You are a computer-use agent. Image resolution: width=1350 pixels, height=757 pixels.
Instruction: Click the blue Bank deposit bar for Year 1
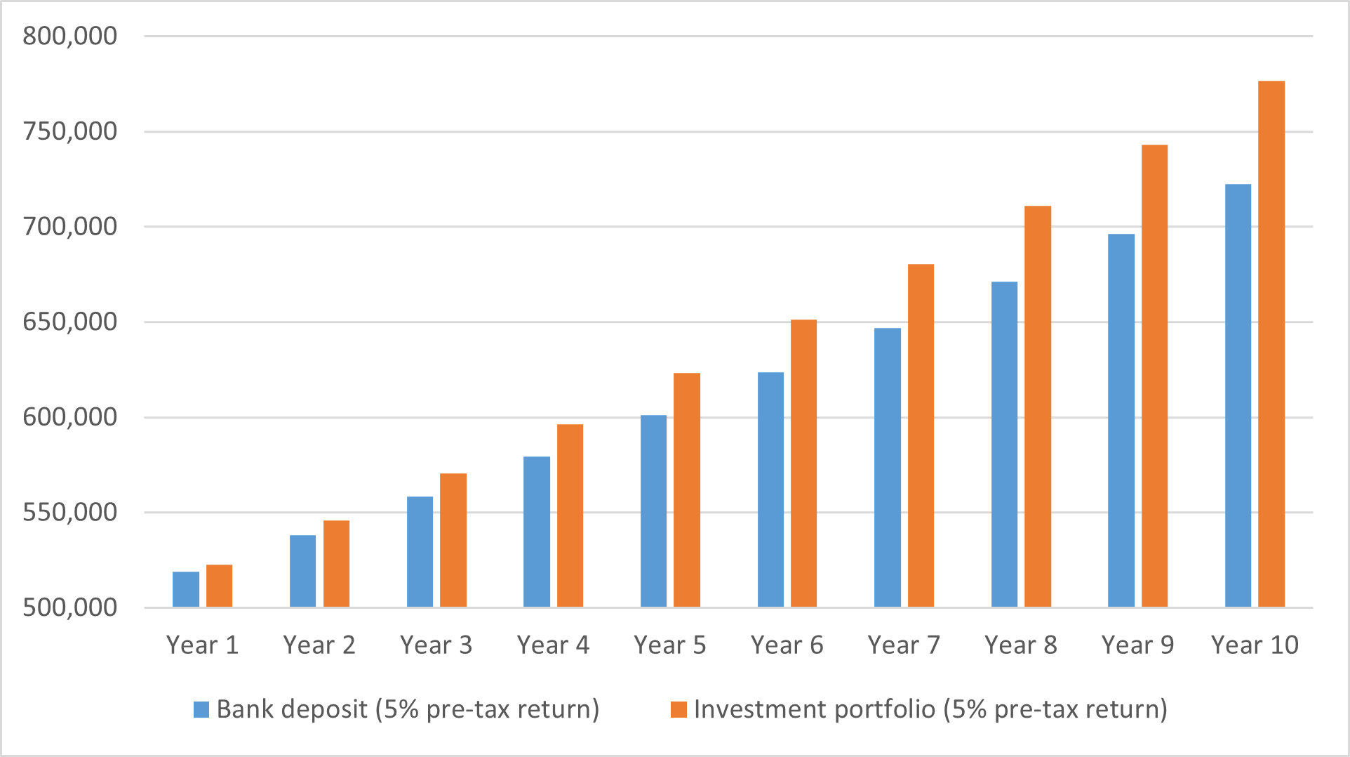coord(186,590)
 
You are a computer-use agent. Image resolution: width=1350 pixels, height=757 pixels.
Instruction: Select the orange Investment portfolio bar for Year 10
coord(1271,344)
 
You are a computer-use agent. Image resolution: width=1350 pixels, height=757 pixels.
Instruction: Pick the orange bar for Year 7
coord(921,435)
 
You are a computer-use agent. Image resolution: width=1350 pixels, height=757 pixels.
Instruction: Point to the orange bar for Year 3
coord(453,540)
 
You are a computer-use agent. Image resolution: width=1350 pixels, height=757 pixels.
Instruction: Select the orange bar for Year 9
coord(1154,376)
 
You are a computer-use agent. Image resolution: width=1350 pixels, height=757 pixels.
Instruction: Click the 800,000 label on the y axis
coord(69,36)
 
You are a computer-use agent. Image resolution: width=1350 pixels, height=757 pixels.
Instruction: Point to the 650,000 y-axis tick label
coord(69,322)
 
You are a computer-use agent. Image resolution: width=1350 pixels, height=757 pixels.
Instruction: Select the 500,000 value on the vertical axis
coord(69,607)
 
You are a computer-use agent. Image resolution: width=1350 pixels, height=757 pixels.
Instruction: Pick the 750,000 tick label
coord(69,131)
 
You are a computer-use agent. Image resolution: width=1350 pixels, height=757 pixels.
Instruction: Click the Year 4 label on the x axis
coord(553,645)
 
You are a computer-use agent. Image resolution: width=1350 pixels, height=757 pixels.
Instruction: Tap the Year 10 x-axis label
coord(1255,645)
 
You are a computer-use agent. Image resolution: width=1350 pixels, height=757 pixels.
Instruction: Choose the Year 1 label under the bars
coord(202,645)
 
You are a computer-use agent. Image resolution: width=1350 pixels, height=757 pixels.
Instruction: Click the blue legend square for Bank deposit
coord(201,709)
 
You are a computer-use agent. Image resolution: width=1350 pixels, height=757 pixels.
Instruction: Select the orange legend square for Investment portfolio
coord(679,709)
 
